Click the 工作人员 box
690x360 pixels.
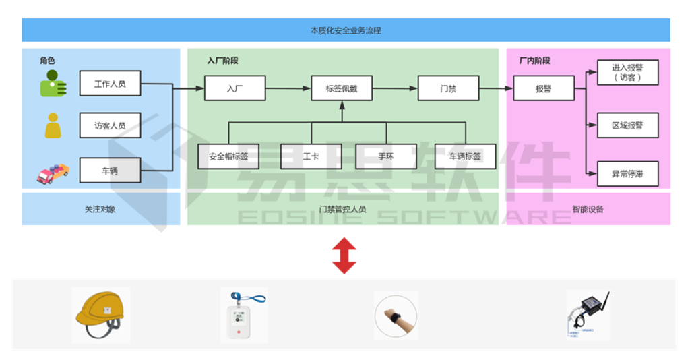click(x=110, y=84)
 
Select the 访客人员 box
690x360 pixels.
click(x=110, y=125)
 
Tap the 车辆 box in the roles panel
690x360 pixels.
click(x=110, y=170)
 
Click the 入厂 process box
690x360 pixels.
click(x=234, y=88)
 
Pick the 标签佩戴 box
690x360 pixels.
click(x=342, y=88)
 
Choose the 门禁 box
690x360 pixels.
click(x=448, y=88)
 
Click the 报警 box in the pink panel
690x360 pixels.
click(x=544, y=88)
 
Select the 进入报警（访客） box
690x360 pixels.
click(x=627, y=72)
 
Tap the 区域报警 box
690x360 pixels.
click(x=627, y=125)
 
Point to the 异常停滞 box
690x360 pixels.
click(x=627, y=173)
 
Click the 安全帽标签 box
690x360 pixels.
click(x=228, y=156)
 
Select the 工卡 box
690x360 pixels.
click(x=311, y=156)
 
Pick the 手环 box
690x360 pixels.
click(x=385, y=156)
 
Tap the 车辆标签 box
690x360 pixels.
click(x=465, y=156)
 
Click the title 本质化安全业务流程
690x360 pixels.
click(x=346, y=30)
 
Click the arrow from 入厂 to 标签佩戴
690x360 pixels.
click(x=288, y=88)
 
